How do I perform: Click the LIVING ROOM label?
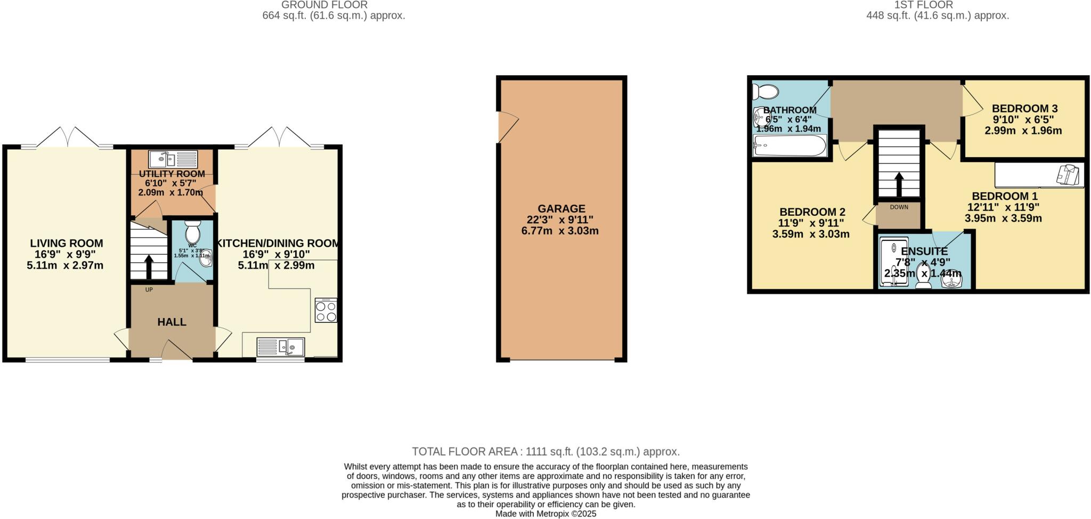click(x=67, y=244)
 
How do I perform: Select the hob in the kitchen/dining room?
click(x=326, y=310)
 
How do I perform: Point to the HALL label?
click(x=172, y=322)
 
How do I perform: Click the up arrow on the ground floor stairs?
click(x=149, y=266)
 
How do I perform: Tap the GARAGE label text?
click(x=561, y=209)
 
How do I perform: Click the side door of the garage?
click(x=506, y=127)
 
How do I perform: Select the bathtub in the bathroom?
click(x=789, y=145)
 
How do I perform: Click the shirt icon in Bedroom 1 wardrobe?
click(x=1069, y=174)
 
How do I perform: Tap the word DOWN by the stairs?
click(x=899, y=207)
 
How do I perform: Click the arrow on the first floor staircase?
click(x=899, y=184)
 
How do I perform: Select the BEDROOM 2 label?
click(x=812, y=212)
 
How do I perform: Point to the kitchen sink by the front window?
click(x=281, y=347)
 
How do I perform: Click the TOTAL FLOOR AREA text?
click(x=545, y=452)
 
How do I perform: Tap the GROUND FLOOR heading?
click(x=324, y=5)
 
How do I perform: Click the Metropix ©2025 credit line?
click(x=545, y=514)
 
